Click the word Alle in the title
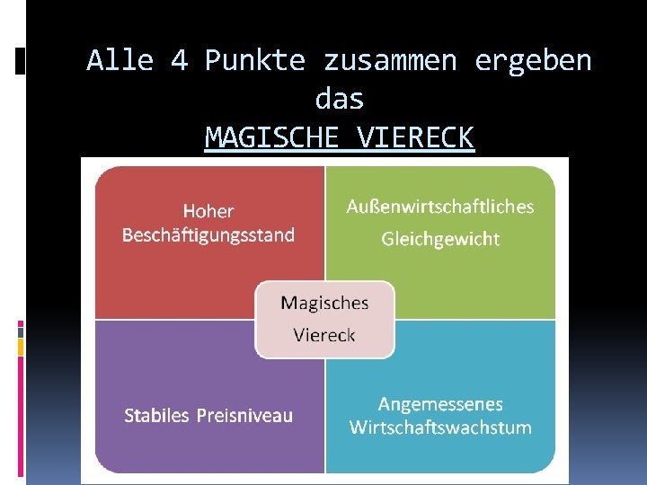120,61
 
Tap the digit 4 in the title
179,61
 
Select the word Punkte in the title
255,61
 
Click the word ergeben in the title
533,61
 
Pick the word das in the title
340,99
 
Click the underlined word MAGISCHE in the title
270,138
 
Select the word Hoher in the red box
208,212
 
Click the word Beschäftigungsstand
208,235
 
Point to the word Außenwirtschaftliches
440,207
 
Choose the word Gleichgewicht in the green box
440,239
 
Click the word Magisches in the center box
324,303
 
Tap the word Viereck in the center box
324,335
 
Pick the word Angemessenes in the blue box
440,404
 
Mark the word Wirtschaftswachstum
440,428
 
